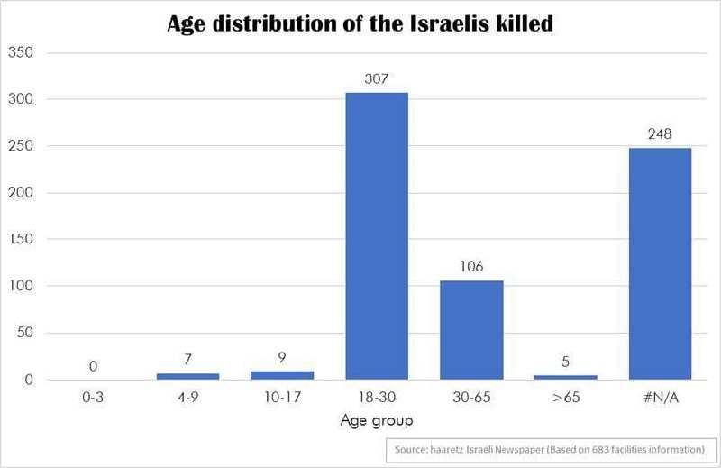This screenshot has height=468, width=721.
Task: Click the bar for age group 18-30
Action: pyautogui.click(x=376, y=236)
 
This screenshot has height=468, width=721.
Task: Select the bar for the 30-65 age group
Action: pyautogui.click(x=470, y=330)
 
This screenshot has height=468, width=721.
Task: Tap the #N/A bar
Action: pyautogui.click(x=660, y=263)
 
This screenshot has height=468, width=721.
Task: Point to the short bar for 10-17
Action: pyautogui.click(x=281, y=375)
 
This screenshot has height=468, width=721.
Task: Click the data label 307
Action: pyautogui.click(x=376, y=79)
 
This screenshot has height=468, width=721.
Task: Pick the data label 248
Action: pyautogui.click(x=660, y=134)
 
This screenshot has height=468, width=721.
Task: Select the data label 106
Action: pyautogui.click(x=470, y=267)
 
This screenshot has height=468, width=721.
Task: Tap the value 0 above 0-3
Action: pyautogui.click(x=93, y=366)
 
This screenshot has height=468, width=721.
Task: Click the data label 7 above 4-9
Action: pyautogui.click(x=187, y=360)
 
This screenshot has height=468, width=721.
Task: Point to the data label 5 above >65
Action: pyautogui.click(x=565, y=362)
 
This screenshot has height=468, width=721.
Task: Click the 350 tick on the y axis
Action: pyautogui.click(x=22, y=52)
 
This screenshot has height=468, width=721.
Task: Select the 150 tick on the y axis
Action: pyautogui.click(x=22, y=240)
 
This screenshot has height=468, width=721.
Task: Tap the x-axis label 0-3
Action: pyautogui.click(x=93, y=397)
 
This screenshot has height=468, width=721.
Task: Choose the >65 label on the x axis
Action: pyautogui.click(x=565, y=397)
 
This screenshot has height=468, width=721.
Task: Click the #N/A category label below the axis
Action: pyautogui.click(x=660, y=397)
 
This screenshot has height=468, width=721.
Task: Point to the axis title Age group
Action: pyautogui.click(x=376, y=419)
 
